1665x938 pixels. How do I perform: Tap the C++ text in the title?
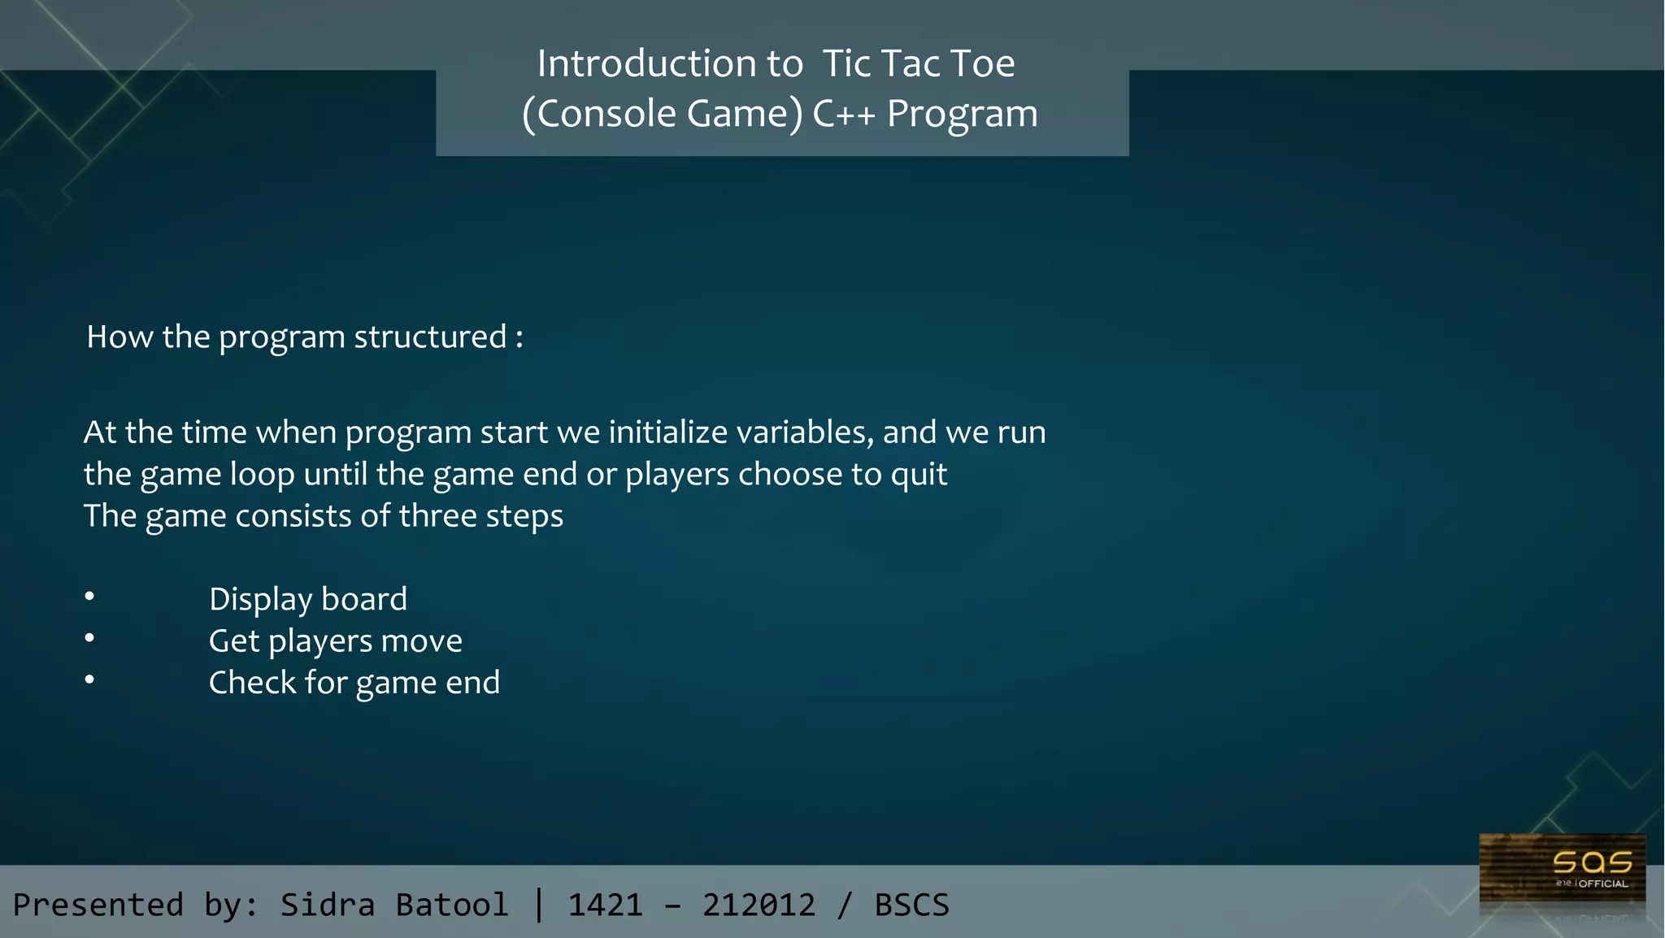pos(844,114)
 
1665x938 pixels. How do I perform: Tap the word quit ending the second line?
pos(919,474)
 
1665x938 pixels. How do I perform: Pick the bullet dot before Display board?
pos(89,597)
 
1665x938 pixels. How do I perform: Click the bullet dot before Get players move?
pos(89,639)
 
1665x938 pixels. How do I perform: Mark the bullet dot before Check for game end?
pos(89,680)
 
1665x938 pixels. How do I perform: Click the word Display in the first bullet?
pos(260,600)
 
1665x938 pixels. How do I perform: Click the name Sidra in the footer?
pos(328,905)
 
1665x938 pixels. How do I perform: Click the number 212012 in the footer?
pos(759,905)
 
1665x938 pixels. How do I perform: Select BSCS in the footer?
pos(911,905)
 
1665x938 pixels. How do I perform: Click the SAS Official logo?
pos(1563,875)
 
